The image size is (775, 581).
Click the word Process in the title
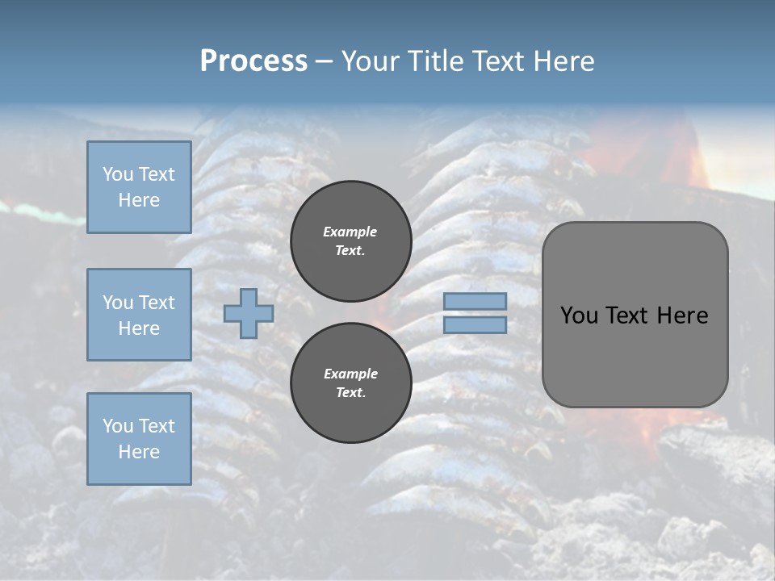(253, 61)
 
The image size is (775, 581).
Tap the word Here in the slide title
(563, 61)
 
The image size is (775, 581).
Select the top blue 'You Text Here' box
(139, 187)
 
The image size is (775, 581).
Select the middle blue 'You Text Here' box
(139, 315)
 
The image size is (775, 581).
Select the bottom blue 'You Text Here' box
(139, 439)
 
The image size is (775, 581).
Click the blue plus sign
(249, 313)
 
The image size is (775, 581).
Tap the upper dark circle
(351, 241)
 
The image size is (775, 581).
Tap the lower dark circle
(351, 383)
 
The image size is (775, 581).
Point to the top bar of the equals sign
(475, 301)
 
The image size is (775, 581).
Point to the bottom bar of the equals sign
(475, 324)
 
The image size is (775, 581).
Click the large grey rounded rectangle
(635, 315)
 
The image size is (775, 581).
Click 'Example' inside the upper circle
(350, 232)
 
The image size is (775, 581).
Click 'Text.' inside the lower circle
(350, 393)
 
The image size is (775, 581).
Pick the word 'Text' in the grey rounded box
(630, 316)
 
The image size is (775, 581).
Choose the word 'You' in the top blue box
(118, 174)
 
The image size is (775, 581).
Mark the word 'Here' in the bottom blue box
(139, 452)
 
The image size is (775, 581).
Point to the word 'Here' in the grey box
(683, 316)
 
